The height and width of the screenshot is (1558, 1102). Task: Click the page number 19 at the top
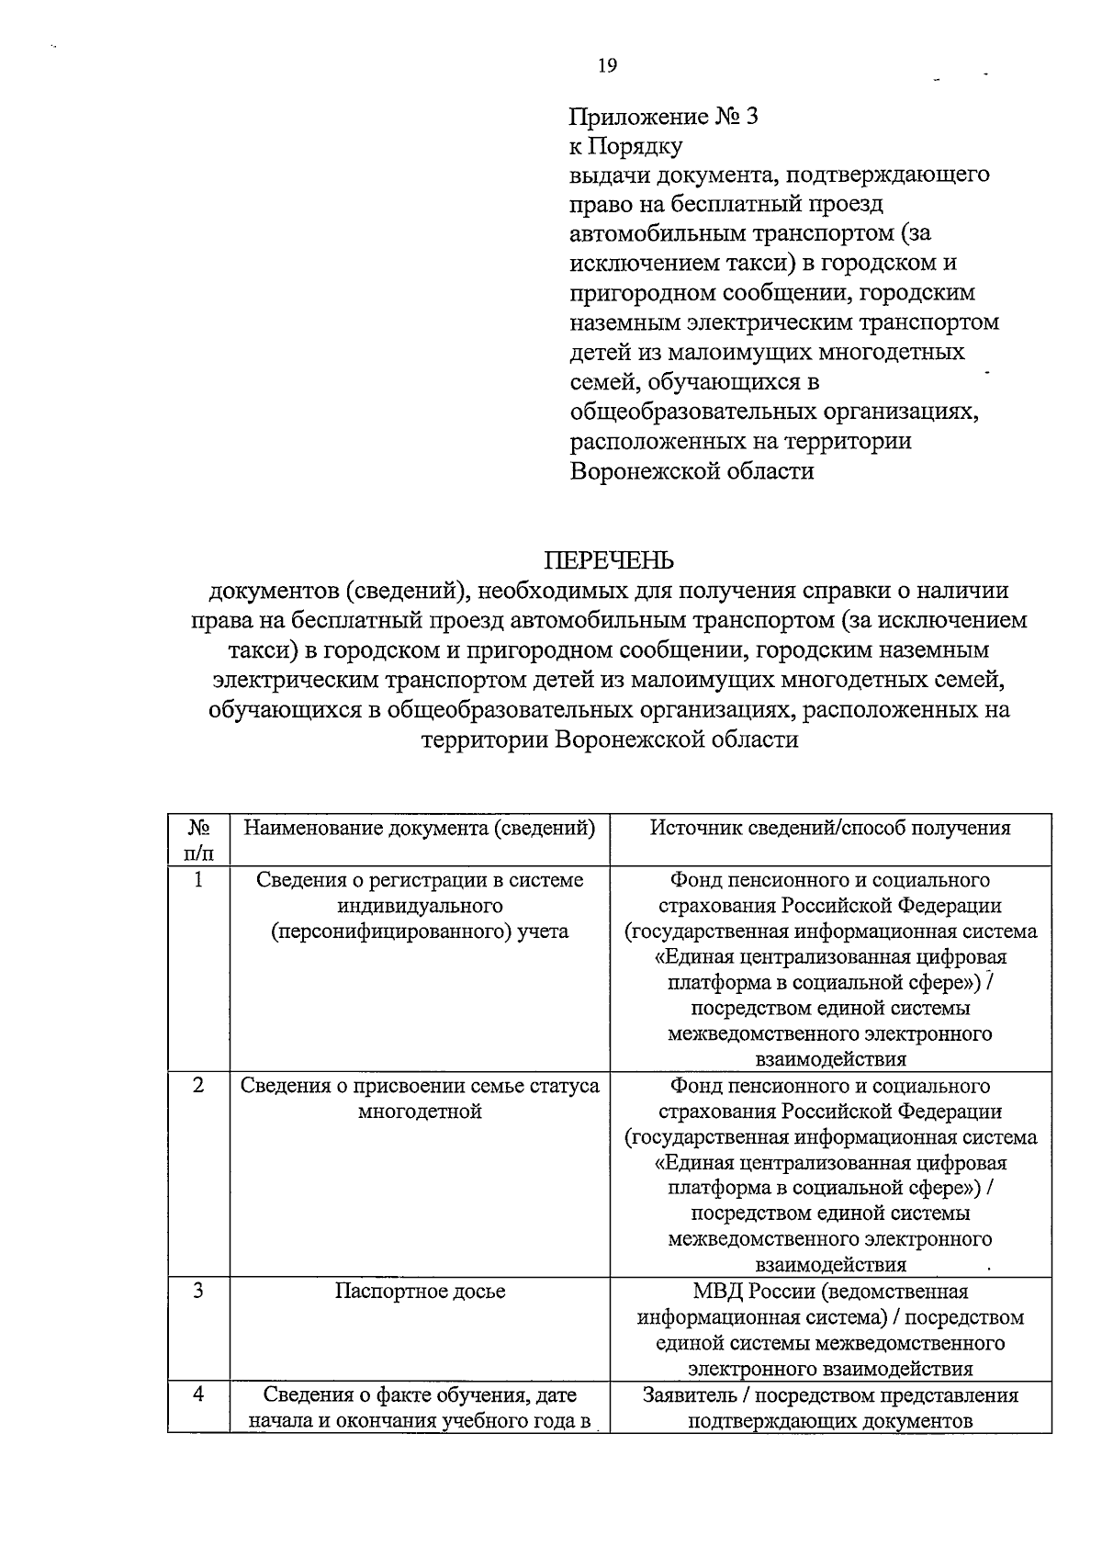pyautogui.click(x=606, y=64)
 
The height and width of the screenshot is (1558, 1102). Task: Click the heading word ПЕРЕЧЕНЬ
pyautogui.click(x=609, y=560)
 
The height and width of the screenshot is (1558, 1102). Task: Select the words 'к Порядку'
pyautogui.click(x=625, y=146)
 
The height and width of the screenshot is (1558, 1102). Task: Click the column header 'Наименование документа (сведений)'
pyautogui.click(x=420, y=828)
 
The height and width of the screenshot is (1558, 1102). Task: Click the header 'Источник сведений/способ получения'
pyautogui.click(x=830, y=828)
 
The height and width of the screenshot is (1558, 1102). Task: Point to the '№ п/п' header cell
pyautogui.click(x=198, y=839)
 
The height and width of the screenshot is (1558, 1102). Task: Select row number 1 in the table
pyautogui.click(x=198, y=880)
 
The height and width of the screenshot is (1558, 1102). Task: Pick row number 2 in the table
pyautogui.click(x=198, y=1086)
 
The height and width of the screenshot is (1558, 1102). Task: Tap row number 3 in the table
pyautogui.click(x=198, y=1291)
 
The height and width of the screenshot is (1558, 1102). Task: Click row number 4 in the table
pyautogui.click(x=198, y=1394)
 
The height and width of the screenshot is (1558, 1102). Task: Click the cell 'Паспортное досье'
pyautogui.click(x=420, y=1291)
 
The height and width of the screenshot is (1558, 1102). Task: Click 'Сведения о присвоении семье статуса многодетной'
pyautogui.click(x=420, y=1099)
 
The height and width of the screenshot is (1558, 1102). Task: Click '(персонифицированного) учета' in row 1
pyautogui.click(x=420, y=931)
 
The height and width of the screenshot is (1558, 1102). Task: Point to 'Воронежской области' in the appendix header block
pyautogui.click(x=692, y=471)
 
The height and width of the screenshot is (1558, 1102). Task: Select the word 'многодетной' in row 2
pyautogui.click(x=420, y=1112)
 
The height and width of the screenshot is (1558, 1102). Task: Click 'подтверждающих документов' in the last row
pyautogui.click(x=830, y=1421)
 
